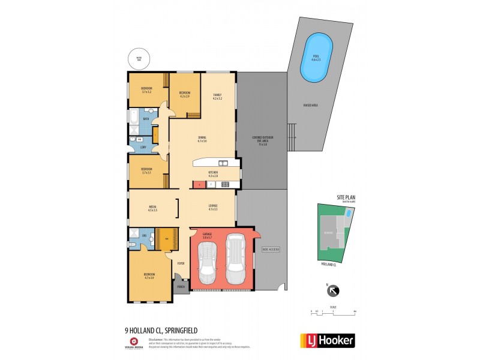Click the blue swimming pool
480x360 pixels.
pyautogui.click(x=316, y=58)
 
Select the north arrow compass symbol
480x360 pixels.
pyautogui.click(x=332, y=291)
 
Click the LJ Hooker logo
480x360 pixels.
pyautogui.click(x=327, y=340)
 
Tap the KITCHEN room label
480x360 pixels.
pyautogui.click(x=213, y=173)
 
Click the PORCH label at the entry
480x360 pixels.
pyautogui.click(x=181, y=287)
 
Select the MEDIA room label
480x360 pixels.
pyautogui.click(x=152, y=208)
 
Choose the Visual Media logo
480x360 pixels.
pyautogui.click(x=138, y=341)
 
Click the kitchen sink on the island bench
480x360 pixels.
pyautogui.click(x=223, y=163)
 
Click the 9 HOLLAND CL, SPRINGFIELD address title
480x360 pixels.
pyautogui.click(x=162, y=329)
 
